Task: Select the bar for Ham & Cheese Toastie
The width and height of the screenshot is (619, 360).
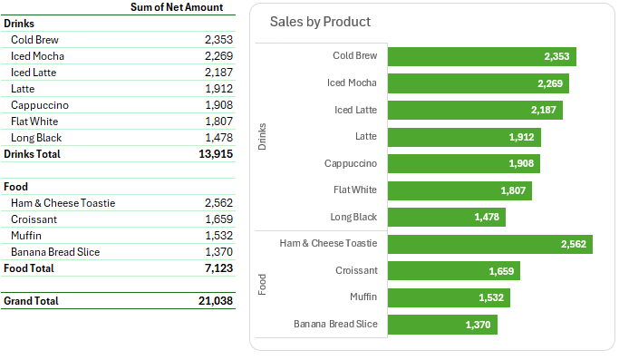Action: [489, 244]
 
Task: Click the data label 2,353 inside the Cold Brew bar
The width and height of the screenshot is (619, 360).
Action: [556, 57]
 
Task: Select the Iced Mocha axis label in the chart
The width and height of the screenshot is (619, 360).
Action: [352, 83]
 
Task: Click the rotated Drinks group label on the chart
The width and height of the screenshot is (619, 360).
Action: [263, 136]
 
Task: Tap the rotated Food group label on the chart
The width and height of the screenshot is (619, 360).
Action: [263, 284]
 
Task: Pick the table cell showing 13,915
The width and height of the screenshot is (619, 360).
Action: [215, 155]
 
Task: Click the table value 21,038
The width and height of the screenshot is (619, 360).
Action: [215, 300]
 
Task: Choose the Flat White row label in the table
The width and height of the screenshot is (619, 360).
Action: [34, 122]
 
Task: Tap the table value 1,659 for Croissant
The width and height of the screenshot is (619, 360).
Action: [218, 219]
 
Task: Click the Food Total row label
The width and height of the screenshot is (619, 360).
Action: [29, 268]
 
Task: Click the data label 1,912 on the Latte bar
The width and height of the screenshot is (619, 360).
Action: [520, 138]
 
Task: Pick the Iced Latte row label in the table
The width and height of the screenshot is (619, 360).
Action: [34, 73]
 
